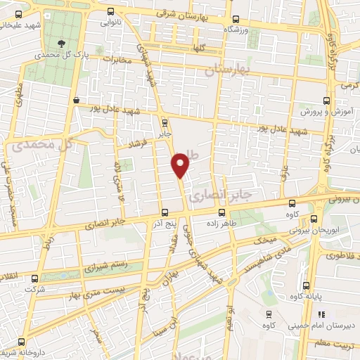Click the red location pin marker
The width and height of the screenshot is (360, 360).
coord(181,164)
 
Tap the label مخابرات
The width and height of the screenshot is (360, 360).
coord(117,60)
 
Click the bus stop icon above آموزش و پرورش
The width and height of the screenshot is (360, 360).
coord(326,101)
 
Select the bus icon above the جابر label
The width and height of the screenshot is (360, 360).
coord(165,121)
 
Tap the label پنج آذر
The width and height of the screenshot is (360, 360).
coord(164,223)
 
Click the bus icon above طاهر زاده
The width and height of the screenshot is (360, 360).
coord(221,212)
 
